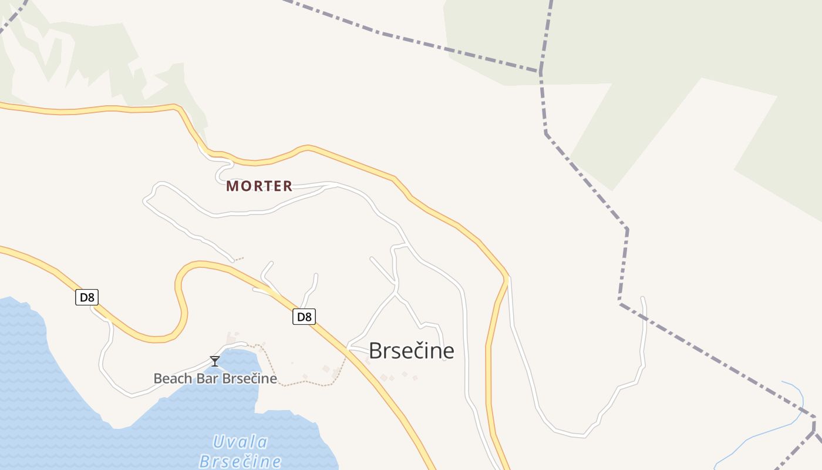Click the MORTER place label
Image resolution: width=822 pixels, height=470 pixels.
pyautogui.click(x=259, y=186)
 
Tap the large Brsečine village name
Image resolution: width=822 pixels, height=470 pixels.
pyautogui.click(x=411, y=351)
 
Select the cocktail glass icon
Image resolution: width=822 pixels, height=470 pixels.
pyautogui.click(x=215, y=361)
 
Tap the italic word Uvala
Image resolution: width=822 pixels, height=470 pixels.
pyautogui.click(x=240, y=442)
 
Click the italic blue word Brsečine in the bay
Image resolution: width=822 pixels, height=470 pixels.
pyautogui.click(x=240, y=461)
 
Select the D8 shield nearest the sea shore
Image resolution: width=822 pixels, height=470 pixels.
pyautogui.click(x=87, y=297)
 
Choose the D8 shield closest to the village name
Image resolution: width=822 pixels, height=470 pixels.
pyautogui.click(x=304, y=317)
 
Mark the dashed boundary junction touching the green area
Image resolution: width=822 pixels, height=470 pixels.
pyautogui.click(x=540, y=71)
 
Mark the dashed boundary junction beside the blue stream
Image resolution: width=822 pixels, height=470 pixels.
pyautogui.click(x=814, y=418)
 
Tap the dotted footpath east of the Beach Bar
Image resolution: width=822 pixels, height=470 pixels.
pyautogui.click(x=305, y=382)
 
